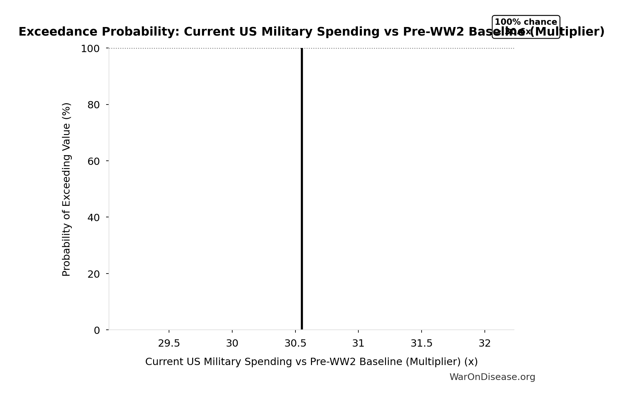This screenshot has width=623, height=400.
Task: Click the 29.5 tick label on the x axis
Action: coord(169,343)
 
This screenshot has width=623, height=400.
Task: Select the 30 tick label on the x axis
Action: coord(232,343)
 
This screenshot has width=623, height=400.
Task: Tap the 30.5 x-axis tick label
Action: coord(295,343)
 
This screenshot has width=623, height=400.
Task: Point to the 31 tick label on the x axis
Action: coord(358,343)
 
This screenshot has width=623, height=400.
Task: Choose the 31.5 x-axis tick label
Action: coord(421,343)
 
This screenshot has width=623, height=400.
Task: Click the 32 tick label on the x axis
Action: coord(484,343)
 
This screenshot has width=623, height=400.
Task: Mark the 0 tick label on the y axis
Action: coord(97,330)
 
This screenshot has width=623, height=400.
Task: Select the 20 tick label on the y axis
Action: coord(93,274)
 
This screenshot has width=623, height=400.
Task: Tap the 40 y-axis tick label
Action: coord(93,218)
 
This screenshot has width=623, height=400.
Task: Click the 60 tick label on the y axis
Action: coord(93,161)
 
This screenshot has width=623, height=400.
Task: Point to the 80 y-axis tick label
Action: coord(93,105)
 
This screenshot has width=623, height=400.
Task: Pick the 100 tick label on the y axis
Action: coord(90,49)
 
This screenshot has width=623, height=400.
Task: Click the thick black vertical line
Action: coord(301,191)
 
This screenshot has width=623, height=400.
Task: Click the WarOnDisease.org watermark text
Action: coord(492,377)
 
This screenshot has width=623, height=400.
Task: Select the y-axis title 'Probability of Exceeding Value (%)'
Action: coord(66,189)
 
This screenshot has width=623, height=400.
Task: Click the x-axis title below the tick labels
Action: coord(311,362)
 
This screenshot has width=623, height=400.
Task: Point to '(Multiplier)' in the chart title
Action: coord(567,32)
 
